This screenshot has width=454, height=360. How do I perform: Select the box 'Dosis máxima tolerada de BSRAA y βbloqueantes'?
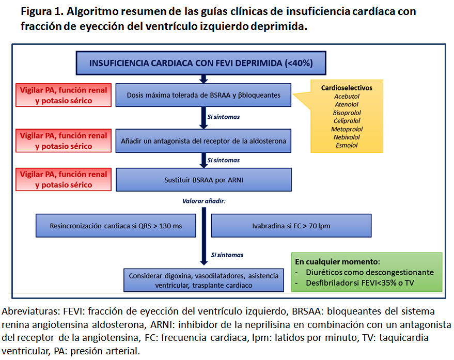click(204, 95)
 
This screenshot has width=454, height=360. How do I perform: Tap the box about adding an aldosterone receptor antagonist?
click(204, 140)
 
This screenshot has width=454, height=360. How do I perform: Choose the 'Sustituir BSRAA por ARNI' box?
click(204, 180)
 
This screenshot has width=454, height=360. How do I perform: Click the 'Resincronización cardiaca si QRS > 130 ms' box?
click(116, 226)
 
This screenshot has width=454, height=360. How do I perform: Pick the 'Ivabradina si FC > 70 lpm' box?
click(291, 226)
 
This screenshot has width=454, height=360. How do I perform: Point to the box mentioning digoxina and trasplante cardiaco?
click(204, 280)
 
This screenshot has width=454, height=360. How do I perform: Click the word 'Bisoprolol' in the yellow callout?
click(347, 113)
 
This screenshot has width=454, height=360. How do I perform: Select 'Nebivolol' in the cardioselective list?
click(347, 137)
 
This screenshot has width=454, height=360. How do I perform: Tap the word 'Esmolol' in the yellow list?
click(346, 146)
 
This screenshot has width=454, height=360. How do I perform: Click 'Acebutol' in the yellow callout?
click(347, 96)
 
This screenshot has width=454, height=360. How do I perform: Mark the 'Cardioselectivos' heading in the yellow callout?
click(347, 88)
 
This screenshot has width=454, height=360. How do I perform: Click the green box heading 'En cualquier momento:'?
click(337, 262)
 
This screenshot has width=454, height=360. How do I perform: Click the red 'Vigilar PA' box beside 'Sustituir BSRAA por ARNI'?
click(64, 180)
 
